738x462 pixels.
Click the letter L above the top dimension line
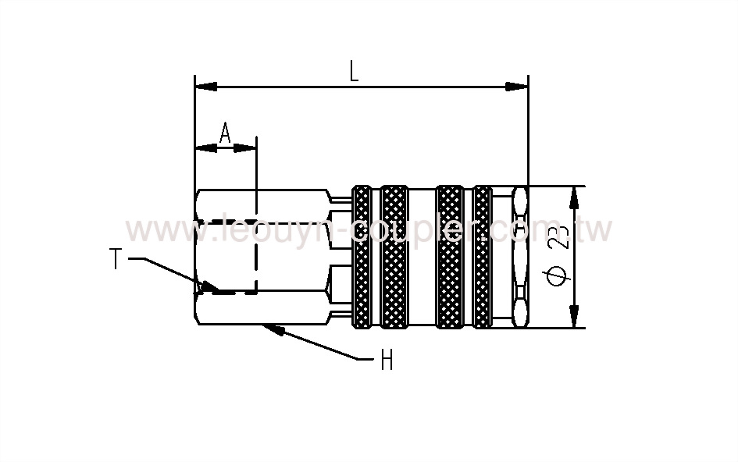(x=354, y=73)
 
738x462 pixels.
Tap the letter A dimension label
(x=225, y=133)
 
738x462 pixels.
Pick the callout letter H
(x=386, y=361)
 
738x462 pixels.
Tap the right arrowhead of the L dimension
(x=519, y=86)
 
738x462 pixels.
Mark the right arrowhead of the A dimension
(x=247, y=147)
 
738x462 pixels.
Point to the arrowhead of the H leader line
(x=273, y=328)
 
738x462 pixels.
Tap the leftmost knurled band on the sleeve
(x=362, y=257)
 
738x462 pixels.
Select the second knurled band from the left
(x=394, y=257)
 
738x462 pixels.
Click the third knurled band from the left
(x=449, y=257)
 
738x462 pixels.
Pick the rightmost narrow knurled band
(x=483, y=257)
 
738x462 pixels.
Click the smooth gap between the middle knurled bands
(x=422, y=257)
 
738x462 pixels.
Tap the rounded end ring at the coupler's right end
(x=520, y=257)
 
